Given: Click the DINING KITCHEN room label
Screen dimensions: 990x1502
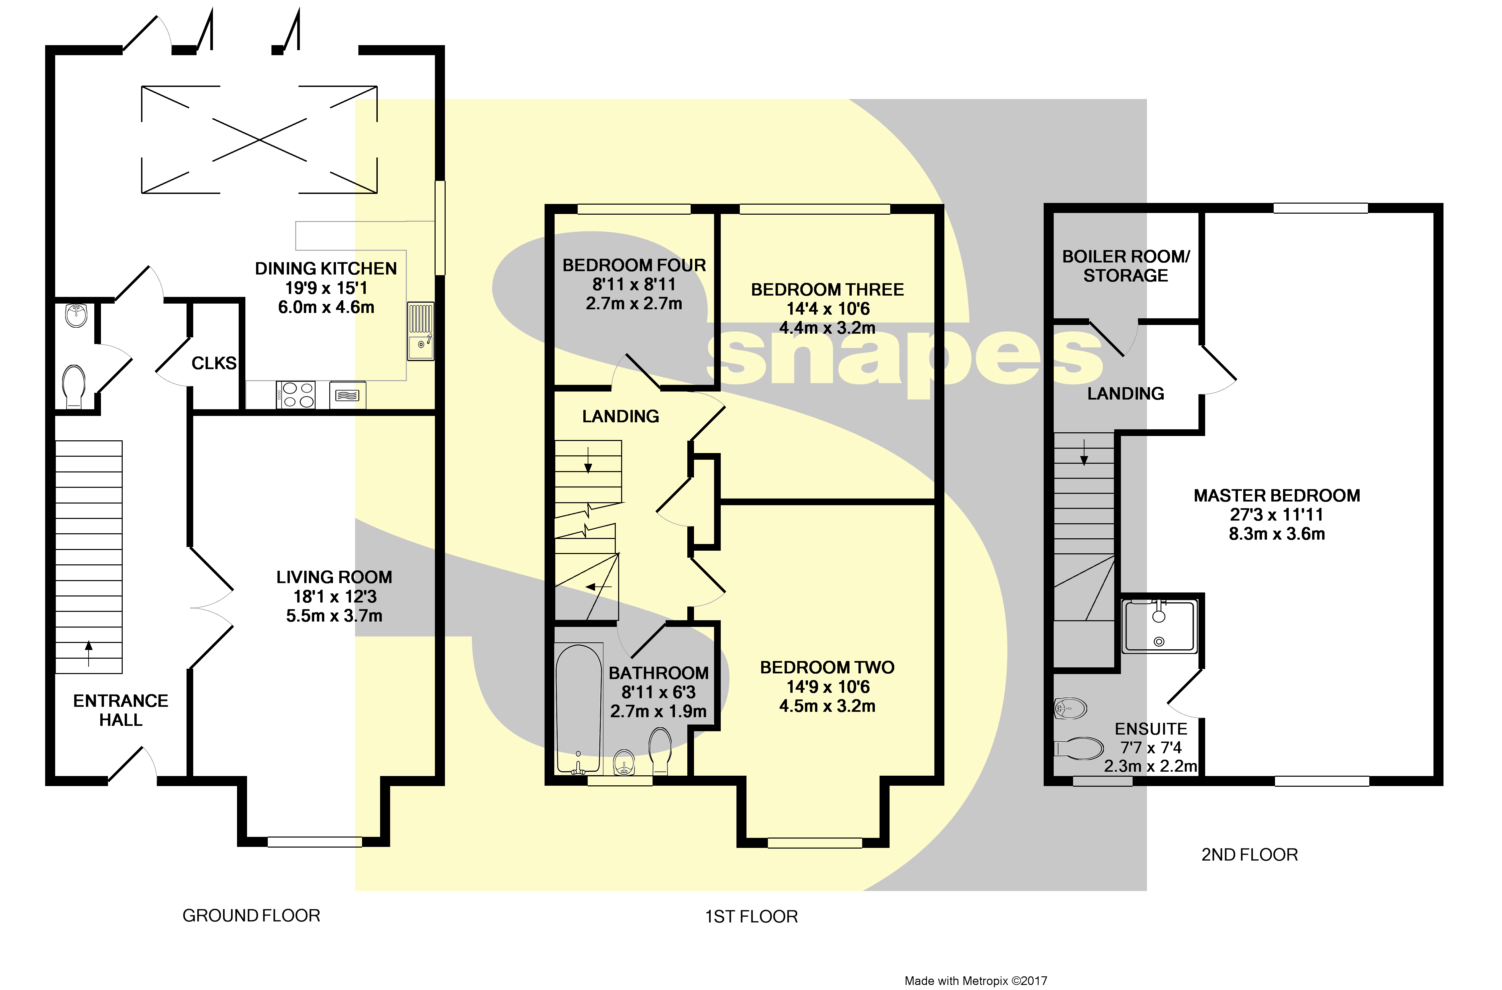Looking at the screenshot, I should coord(326,269).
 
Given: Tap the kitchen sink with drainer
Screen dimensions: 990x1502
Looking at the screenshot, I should coord(420,331).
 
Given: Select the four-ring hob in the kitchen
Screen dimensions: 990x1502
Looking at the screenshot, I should coord(295,395).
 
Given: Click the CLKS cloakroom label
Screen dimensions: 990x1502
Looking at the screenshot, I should coord(214,364).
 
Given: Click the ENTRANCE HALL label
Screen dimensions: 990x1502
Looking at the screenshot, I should coord(121,710).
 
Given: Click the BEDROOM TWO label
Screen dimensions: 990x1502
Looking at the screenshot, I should coord(827,667).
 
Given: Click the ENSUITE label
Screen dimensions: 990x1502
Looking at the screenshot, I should coord(1150,729).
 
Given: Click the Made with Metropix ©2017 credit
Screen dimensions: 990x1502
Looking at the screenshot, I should coord(976,981).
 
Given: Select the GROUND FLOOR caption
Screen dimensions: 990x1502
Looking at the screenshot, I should coord(251,915).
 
